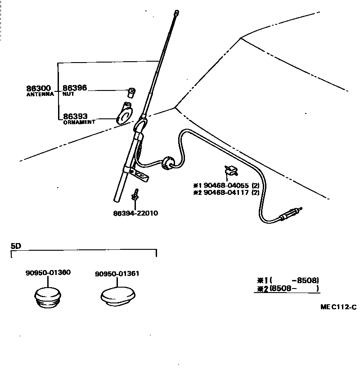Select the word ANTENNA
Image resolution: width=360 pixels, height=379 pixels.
40,95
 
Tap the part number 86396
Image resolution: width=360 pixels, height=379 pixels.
74,88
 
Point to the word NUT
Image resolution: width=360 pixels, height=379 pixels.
68,95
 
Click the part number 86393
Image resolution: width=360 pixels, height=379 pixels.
74,116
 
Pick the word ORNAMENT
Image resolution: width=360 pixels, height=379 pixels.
79,122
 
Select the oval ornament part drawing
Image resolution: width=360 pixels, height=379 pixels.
124,113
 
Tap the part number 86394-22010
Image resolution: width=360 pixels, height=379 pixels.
135,212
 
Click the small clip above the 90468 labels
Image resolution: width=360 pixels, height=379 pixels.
230,171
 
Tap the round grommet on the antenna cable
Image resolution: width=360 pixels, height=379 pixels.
168,164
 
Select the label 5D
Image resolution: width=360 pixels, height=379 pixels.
16,246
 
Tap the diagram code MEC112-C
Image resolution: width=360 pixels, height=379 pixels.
338,307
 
